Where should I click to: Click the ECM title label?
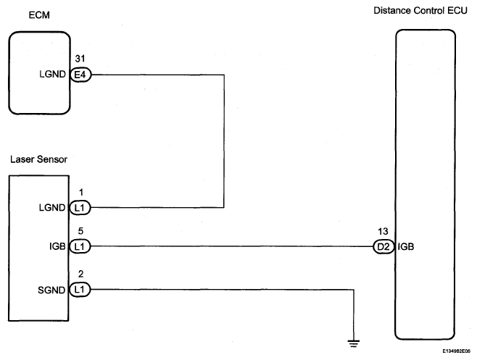(39, 15)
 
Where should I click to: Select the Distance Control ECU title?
(420, 11)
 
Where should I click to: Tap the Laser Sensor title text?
(38, 159)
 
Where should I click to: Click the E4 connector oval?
(80, 75)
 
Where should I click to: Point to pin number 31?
(80, 59)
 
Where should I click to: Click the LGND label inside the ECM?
(52, 74)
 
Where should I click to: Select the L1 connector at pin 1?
(80, 208)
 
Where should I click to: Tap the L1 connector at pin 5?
(80, 246)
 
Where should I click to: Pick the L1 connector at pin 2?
(80, 290)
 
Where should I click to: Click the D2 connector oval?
(383, 246)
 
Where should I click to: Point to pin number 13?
(383, 231)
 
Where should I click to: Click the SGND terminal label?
(51, 290)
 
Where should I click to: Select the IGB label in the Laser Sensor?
(57, 246)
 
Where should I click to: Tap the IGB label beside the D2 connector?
(406, 246)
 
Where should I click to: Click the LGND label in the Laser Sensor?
(52, 208)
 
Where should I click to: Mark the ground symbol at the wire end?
(354, 343)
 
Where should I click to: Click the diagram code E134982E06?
(456, 351)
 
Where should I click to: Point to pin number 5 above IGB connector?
(80, 231)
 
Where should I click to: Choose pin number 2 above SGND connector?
(80, 274)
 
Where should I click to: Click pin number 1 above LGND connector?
(81, 192)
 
